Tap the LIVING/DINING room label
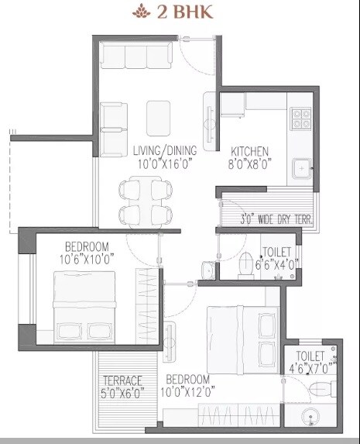pos(163,150)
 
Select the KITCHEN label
pos(248,150)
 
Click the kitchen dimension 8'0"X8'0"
pos(248,163)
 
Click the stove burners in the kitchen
pos(300,117)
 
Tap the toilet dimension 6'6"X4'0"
pos(276,263)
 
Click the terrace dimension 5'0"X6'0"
pos(123,393)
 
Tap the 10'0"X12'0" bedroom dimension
pos(188,391)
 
